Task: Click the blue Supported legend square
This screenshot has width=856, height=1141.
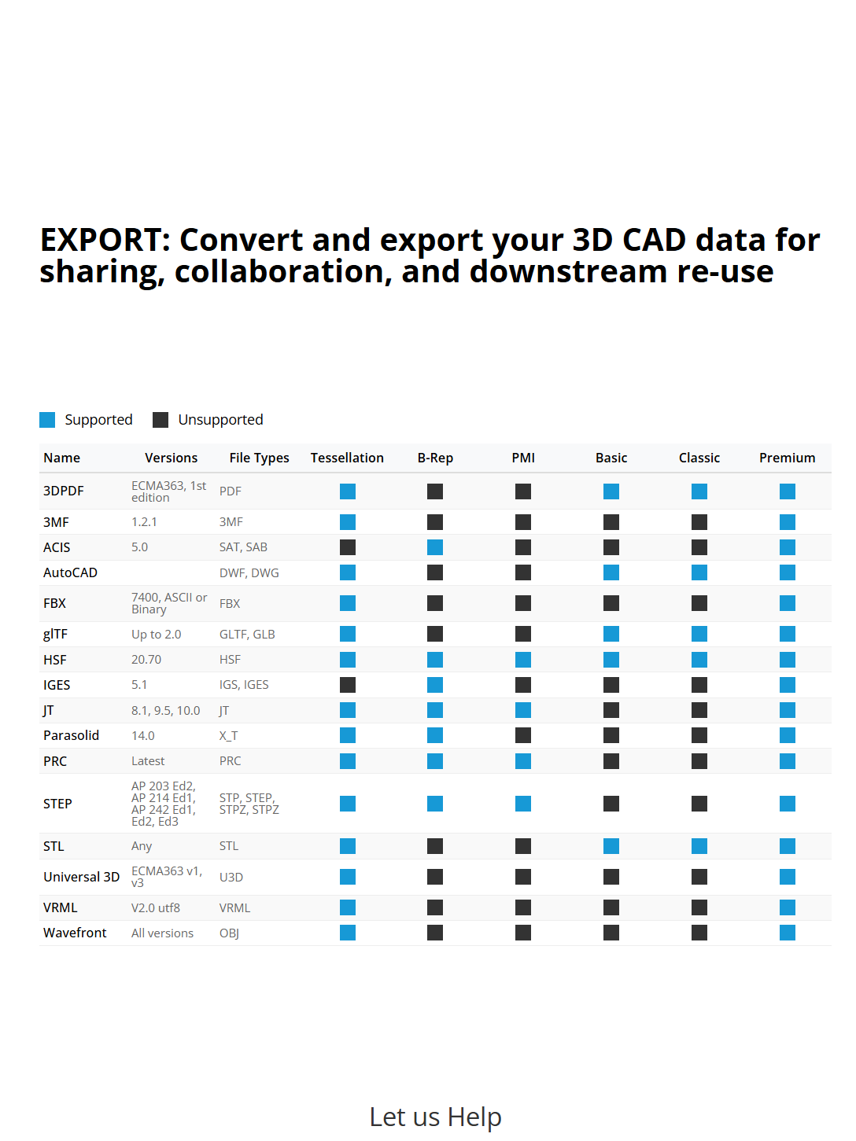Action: [46, 419]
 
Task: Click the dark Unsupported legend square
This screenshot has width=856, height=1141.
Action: [160, 419]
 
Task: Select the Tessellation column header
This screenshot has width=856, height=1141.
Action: [347, 458]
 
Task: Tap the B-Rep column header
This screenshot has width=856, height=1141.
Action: [435, 458]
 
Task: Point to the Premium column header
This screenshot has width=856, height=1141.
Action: [787, 458]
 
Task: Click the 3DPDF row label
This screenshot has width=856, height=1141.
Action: [64, 491]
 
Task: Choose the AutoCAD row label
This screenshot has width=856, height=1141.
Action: [70, 572]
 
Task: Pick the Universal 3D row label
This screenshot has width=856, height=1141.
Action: [82, 877]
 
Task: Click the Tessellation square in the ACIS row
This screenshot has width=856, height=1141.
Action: [348, 547]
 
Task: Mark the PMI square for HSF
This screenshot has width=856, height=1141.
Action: [523, 659]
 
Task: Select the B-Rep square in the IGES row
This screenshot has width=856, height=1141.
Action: [435, 685]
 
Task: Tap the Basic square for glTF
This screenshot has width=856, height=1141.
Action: [611, 634]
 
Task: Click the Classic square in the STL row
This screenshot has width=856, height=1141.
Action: [699, 846]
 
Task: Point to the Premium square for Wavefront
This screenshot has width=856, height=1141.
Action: [787, 933]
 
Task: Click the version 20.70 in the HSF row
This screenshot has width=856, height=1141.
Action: [146, 659]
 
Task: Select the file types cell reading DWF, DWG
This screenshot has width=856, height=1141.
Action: [249, 572]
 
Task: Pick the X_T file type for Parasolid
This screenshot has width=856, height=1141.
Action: [228, 735]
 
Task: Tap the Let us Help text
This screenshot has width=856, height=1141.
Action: [435, 1117]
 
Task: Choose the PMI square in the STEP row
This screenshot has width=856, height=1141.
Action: [523, 804]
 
